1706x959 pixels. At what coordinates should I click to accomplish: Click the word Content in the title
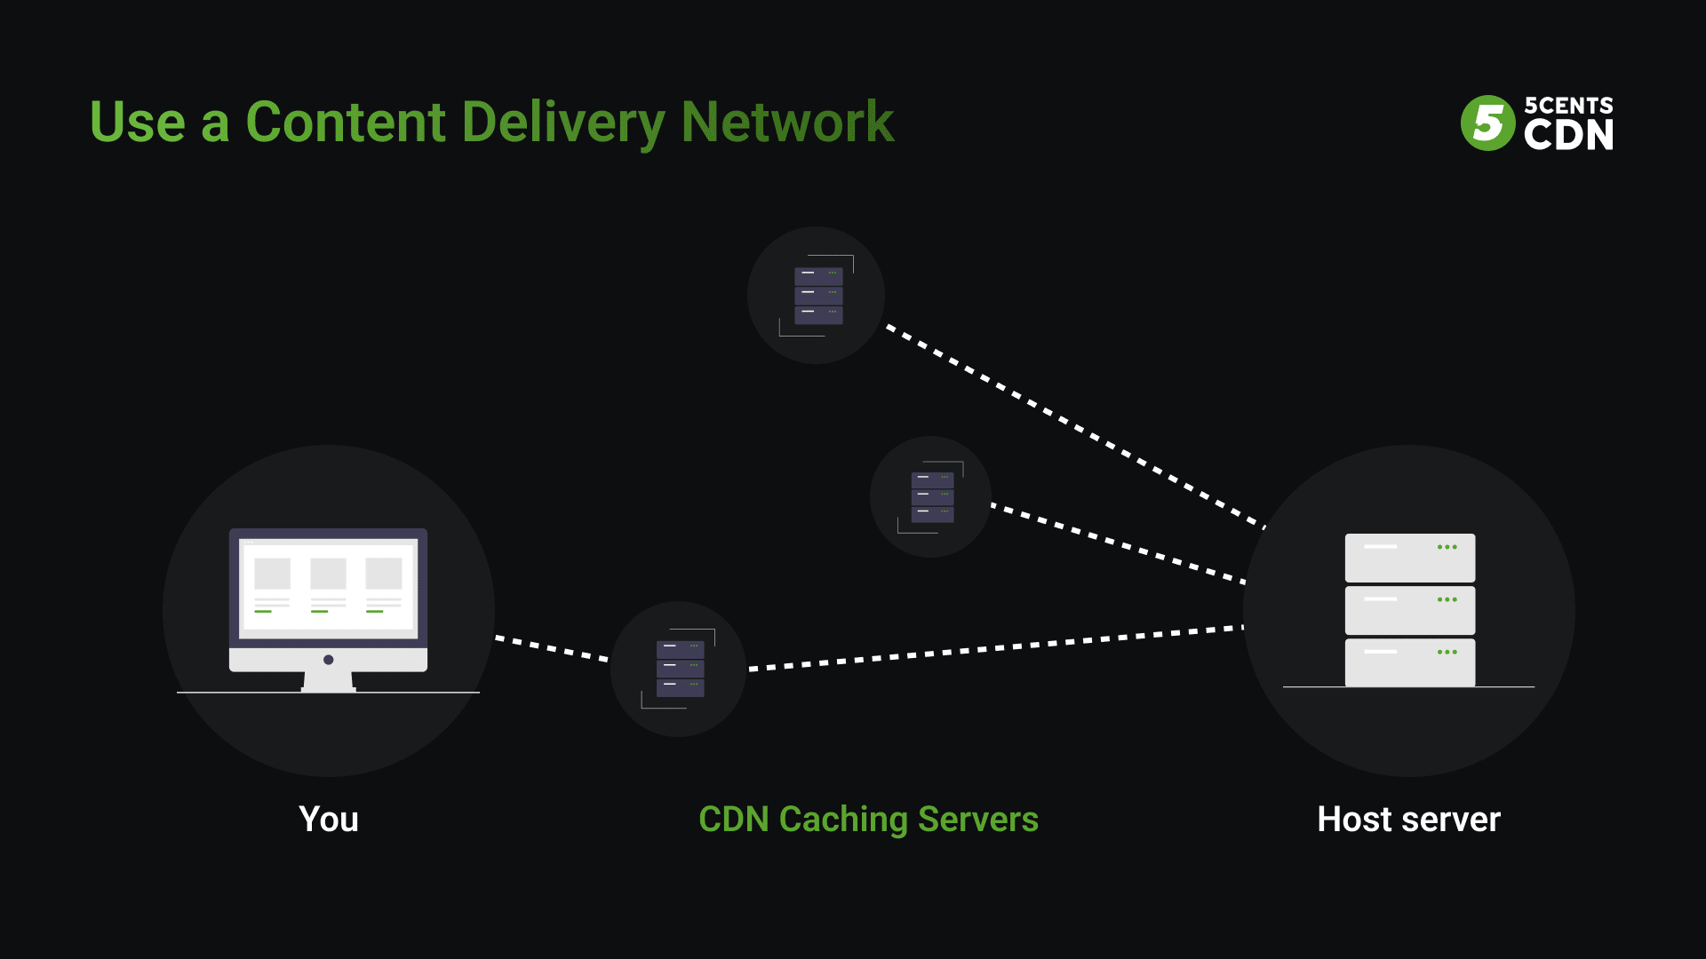click(345, 122)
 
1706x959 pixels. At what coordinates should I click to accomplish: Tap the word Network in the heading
click(787, 122)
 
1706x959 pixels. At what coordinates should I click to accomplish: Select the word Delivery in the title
click(563, 123)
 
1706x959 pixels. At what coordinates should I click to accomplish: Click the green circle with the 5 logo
click(1487, 123)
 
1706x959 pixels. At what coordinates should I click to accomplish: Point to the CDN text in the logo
click(1568, 135)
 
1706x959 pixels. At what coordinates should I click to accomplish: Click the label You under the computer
click(329, 819)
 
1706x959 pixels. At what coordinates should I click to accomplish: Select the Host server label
click(1408, 819)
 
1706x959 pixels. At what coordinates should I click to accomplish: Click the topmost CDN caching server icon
click(817, 295)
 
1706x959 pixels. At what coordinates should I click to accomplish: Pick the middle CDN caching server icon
click(932, 496)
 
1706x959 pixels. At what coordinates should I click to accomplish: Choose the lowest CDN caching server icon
click(680, 669)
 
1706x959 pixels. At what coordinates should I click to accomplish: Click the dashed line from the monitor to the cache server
click(552, 648)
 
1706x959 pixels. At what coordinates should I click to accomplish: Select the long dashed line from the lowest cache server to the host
click(995, 647)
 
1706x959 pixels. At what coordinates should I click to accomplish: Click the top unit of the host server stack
click(1409, 558)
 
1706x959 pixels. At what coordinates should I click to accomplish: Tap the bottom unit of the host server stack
click(1409, 662)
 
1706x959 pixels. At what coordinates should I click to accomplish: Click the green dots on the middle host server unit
click(1447, 599)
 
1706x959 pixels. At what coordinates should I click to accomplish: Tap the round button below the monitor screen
click(329, 660)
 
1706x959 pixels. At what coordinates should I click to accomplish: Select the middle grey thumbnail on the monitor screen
click(328, 574)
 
